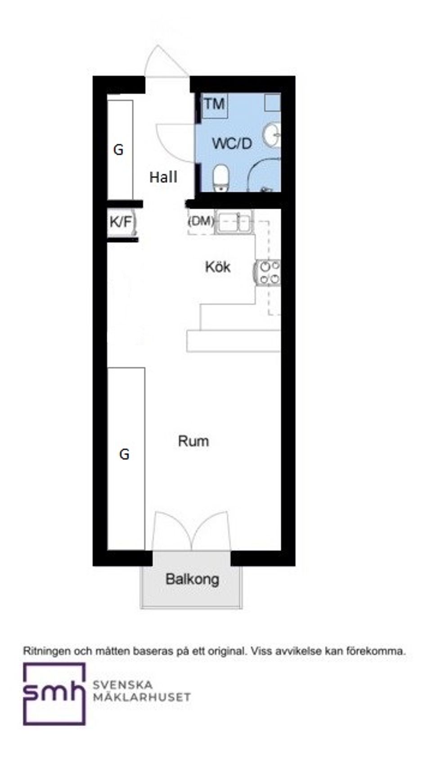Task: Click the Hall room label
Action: pyautogui.click(x=163, y=177)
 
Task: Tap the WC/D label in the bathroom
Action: pyautogui.click(x=232, y=144)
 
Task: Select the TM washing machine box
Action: pyautogui.click(x=214, y=105)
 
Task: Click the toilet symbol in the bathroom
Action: pyautogui.click(x=220, y=177)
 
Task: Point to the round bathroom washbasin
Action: pyautogui.click(x=272, y=134)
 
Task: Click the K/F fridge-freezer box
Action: pyautogui.click(x=121, y=222)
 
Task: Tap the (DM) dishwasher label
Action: pyautogui.click(x=201, y=221)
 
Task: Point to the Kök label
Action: pyautogui.click(x=218, y=267)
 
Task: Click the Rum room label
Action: pyautogui.click(x=193, y=441)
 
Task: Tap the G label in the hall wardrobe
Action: pyautogui.click(x=118, y=150)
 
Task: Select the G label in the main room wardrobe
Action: pyautogui.click(x=124, y=454)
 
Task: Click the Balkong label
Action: pyautogui.click(x=192, y=579)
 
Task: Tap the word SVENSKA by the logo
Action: pyautogui.click(x=122, y=685)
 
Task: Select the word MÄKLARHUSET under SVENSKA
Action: pyautogui.click(x=141, y=697)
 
